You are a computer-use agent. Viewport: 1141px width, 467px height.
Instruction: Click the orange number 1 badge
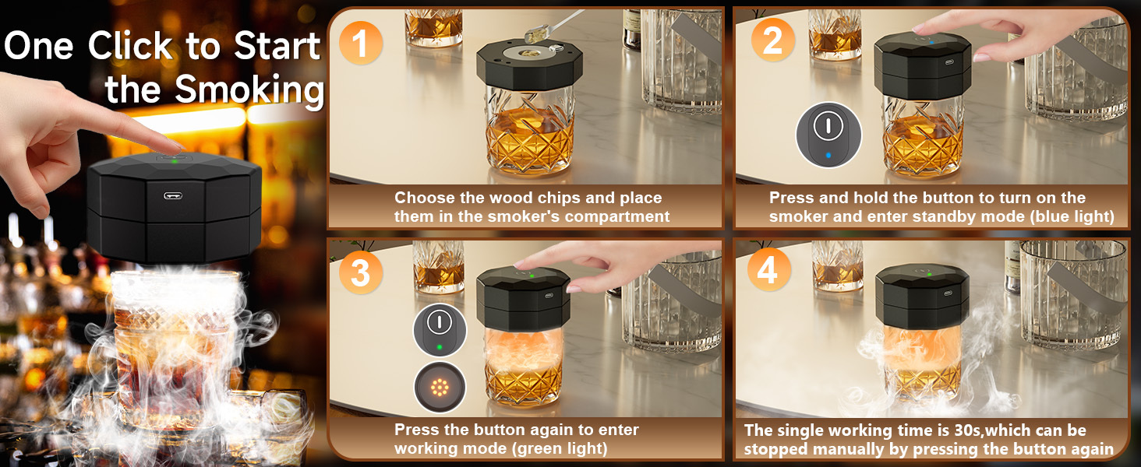click(360, 44)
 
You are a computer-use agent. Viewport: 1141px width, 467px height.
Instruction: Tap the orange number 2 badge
click(772, 40)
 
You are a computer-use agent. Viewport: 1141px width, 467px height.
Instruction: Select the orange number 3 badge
click(360, 272)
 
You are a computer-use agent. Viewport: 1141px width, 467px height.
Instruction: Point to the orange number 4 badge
click(768, 269)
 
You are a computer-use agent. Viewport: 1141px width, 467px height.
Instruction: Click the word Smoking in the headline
click(249, 90)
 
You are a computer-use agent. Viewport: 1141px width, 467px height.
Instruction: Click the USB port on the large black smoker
click(173, 195)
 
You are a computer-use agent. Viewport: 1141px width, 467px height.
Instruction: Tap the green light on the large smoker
click(175, 161)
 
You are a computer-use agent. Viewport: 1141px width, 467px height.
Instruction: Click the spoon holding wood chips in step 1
click(553, 26)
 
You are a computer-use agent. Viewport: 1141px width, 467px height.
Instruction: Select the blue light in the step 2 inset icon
click(828, 155)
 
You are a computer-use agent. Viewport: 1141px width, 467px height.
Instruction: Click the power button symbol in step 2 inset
click(828, 124)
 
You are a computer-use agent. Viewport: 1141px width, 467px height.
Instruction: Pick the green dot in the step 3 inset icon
click(439, 347)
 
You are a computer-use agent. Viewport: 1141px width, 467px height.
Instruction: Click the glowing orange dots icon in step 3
click(440, 388)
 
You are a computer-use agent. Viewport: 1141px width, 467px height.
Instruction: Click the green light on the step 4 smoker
click(929, 275)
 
